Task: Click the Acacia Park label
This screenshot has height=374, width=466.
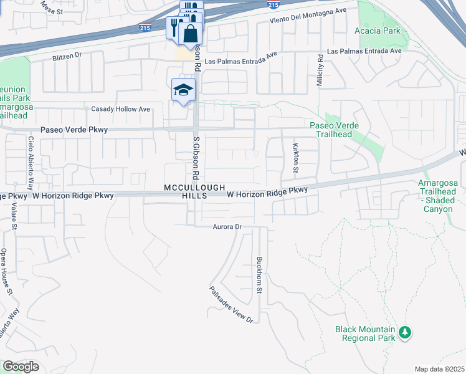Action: (376, 31)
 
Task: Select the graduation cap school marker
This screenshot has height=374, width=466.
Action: (184, 91)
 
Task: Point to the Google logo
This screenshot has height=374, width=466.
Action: (21, 367)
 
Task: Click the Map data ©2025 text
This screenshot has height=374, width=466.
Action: (439, 369)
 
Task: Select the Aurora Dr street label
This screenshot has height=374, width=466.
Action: (226, 227)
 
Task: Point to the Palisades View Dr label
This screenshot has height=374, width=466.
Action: (231, 304)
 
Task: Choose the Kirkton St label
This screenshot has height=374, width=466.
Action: (295, 158)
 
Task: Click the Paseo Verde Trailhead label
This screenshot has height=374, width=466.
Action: (335, 130)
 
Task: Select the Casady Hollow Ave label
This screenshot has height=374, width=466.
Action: (121, 109)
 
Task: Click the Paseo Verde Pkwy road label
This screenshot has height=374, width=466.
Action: (74, 130)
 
